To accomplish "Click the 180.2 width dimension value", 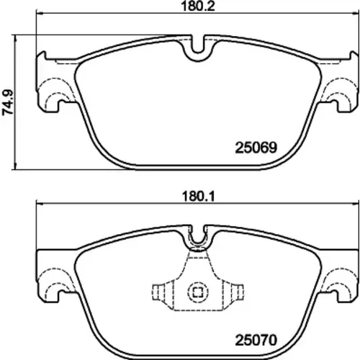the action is pos(198,6).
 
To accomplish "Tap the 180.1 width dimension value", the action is pos(198,197).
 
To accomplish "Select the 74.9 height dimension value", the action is pos(8,102).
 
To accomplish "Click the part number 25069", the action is pos(256,148).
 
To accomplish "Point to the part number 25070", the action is pos(256,340).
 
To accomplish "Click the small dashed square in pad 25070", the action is pos(198,292).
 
